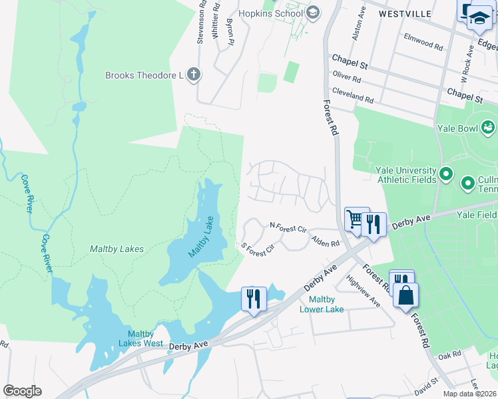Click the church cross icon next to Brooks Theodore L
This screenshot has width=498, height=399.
[192, 74]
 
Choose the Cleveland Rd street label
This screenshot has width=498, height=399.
[352, 96]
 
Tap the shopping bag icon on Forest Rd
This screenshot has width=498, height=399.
[405, 294]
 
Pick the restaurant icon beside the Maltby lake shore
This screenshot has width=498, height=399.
[253, 298]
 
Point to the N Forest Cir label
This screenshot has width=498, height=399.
[287, 228]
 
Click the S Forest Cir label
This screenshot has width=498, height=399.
[258, 249]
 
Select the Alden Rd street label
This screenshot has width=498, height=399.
[326, 243]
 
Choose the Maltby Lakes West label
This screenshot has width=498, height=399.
[140, 339]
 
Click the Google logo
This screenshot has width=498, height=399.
[22, 391]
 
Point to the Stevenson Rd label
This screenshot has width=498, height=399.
[201, 23]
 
